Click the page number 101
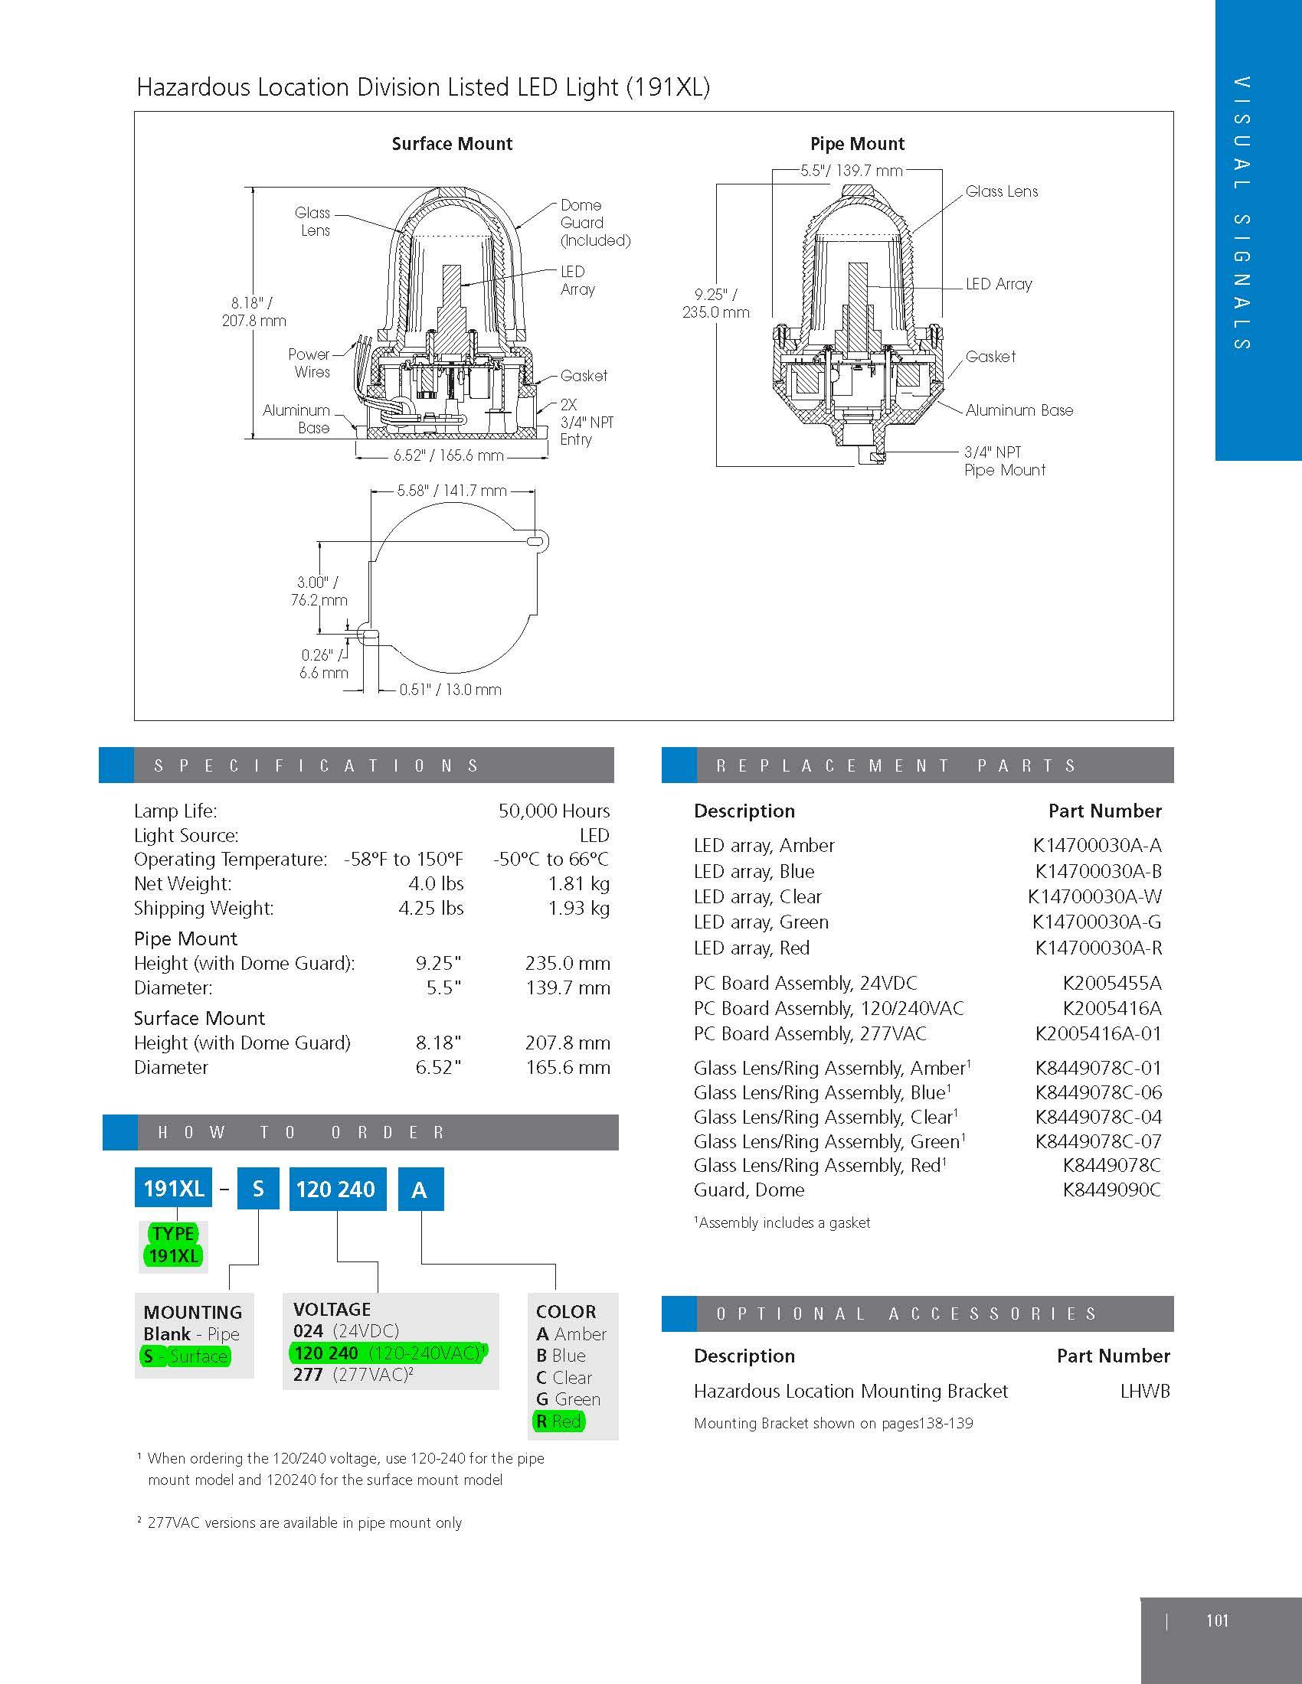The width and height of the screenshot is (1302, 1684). tap(1216, 1620)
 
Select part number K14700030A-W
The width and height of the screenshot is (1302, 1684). tap(1094, 897)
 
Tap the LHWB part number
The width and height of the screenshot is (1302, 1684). tap(1145, 1391)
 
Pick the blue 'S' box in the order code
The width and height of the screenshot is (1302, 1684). tap(257, 1189)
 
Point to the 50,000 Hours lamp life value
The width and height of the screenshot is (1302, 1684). tap(553, 811)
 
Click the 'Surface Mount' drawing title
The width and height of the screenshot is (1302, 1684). tap(452, 143)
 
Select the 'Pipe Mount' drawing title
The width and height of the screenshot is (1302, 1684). tap(857, 143)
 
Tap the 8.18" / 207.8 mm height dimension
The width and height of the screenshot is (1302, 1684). tap(254, 312)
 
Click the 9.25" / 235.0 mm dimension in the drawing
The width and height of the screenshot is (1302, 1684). tap(715, 303)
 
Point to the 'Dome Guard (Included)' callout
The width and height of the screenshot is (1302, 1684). tap(594, 223)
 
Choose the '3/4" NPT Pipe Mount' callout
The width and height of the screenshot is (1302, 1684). tap(1004, 461)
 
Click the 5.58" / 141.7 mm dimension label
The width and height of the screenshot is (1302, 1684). tap(451, 491)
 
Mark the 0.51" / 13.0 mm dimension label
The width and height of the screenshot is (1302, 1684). tap(450, 690)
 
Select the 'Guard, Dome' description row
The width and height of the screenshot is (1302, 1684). tap(748, 1190)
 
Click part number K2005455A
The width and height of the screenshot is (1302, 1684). tap(1111, 983)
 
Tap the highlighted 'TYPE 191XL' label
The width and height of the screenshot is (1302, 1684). tap(174, 1245)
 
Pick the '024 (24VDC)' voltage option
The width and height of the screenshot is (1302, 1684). tap(345, 1331)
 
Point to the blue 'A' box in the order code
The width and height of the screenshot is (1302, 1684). tap(420, 1189)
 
